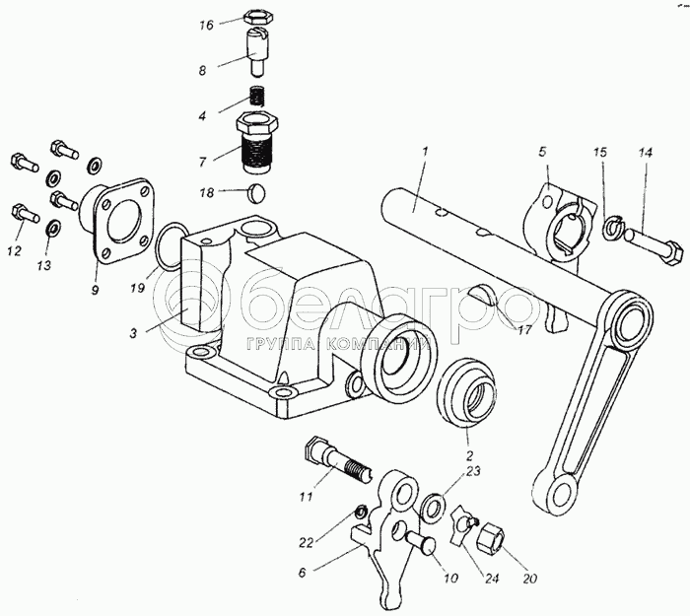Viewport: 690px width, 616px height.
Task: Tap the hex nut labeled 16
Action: (x=256, y=18)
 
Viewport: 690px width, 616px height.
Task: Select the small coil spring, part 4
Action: (x=256, y=99)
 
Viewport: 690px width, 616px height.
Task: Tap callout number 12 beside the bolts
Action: (x=13, y=251)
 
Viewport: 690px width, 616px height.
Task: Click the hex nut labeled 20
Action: (x=490, y=539)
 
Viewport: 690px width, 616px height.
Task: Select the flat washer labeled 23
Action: (x=432, y=508)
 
